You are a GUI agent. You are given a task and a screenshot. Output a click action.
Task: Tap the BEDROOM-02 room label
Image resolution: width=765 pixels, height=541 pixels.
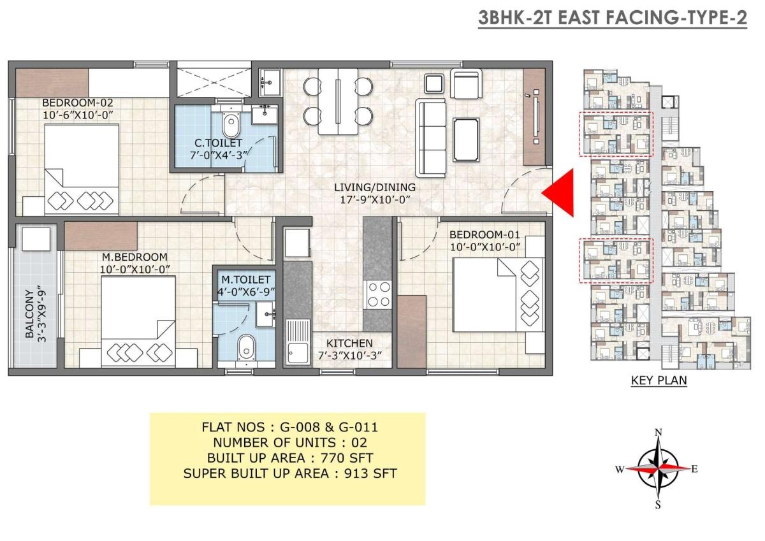78,103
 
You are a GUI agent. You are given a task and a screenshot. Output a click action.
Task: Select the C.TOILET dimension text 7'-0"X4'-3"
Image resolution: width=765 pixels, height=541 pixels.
219,155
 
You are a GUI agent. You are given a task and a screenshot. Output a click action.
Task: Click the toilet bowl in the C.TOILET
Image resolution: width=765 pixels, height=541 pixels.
231,125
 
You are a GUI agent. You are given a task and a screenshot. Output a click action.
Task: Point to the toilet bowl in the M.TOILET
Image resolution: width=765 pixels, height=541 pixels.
247,347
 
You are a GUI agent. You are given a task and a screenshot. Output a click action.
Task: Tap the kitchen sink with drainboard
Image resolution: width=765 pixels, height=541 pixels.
298,342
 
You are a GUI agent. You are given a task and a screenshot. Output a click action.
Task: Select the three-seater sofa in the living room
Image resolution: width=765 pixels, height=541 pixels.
431,138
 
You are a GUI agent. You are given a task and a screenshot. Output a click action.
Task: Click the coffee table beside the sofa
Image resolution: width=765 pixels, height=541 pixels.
466,140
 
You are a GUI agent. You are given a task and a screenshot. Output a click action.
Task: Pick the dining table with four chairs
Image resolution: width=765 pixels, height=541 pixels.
338,101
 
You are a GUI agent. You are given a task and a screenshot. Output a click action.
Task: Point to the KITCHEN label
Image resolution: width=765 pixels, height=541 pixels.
349,343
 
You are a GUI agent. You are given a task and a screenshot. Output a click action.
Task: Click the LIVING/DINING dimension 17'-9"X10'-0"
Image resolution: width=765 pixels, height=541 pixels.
375,199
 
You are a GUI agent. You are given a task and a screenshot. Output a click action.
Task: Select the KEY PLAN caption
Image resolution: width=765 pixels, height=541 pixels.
659,380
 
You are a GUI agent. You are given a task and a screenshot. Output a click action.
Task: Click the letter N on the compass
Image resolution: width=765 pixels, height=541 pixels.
658,433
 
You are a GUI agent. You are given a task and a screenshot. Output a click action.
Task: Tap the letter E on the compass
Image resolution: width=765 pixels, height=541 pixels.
694,470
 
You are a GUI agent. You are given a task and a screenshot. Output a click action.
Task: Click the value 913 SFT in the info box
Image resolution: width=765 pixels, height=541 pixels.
370,473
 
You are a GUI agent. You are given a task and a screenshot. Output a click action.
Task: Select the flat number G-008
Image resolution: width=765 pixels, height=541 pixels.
300,428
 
